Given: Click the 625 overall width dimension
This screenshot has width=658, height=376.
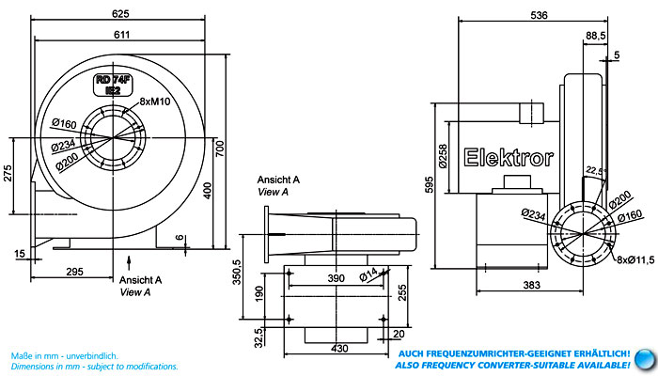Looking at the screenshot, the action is pyautogui.click(x=120, y=14).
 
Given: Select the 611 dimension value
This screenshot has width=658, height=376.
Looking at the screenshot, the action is pyautogui.click(x=121, y=35).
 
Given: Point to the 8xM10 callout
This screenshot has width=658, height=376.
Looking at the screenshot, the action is pyautogui.click(x=155, y=102).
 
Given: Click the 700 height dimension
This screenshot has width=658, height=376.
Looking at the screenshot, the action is pyautogui.click(x=220, y=149).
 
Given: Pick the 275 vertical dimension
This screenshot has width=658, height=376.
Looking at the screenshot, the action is pyautogui.click(x=8, y=173).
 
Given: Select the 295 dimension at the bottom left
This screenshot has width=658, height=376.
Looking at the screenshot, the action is pyautogui.click(x=74, y=272).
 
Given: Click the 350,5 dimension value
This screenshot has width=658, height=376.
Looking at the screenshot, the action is pyautogui.click(x=237, y=272).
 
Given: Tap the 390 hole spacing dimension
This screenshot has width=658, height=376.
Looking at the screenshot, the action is pyautogui.click(x=337, y=278).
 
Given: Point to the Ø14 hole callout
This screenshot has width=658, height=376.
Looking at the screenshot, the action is pyautogui.click(x=368, y=274).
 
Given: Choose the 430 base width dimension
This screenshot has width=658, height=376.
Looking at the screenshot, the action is pyautogui.click(x=339, y=349).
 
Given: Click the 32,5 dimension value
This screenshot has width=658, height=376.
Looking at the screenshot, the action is pyautogui.click(x=258, y=337).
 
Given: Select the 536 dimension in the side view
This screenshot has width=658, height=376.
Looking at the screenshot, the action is pyautogui.click(x=539, y=15).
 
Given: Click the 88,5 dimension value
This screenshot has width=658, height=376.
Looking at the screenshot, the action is pyautogui.click(x=596, y=36).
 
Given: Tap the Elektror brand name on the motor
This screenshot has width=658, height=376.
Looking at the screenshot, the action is pyautogui.click(x=509, y=157).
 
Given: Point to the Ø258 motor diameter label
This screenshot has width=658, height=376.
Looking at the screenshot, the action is pyautogui.click(x=443, y=157).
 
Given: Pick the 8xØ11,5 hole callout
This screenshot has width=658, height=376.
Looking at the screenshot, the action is pyautogui.click(x=635, y=259).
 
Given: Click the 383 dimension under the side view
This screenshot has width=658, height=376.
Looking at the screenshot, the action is pyautogui.click(x=531, y=286).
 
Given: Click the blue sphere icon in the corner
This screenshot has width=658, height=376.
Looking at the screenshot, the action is pyautogui.click(x=645, y=360).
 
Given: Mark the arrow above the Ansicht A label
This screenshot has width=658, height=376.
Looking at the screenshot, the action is pyautogui.click(x=129, y=262).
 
